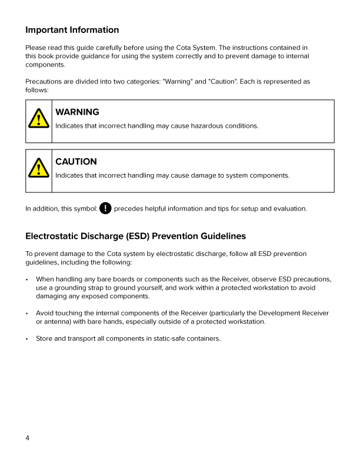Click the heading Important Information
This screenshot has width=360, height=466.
[x=72, y=30]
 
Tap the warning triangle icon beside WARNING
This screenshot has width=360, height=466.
[x=38, y=119]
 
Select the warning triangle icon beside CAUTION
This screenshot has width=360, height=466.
[x=38, y=169]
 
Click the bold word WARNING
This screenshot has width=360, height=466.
[x=77, y=112]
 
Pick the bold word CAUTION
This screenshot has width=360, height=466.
[x=76, y=161]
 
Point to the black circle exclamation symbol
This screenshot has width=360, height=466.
[x=105, y=208]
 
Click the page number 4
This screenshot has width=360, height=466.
[x=28, y=438]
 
